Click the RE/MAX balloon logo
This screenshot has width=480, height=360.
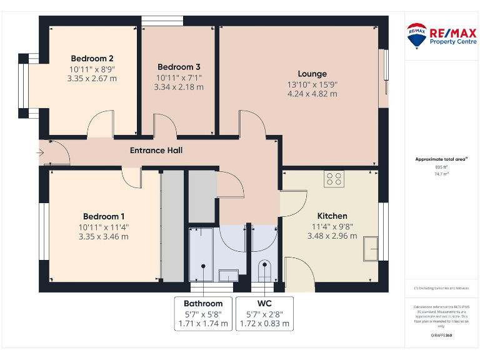click(417, 36)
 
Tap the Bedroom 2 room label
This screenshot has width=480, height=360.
click(92, 59)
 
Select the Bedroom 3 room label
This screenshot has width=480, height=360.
click(179, 67)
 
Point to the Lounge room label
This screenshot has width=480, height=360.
click(312, 74)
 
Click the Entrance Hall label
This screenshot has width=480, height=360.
click(156, 151)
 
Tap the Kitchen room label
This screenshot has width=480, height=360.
click(332, 216)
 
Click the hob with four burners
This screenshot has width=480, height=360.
click(334, 179)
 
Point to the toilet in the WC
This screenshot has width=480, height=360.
click(265, 270)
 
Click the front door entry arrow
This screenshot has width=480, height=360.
click(41, 152)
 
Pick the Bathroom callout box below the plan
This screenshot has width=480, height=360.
click(202, 313)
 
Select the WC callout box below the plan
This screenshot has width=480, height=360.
click(264, 313)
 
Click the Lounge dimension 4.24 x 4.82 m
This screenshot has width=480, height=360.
click(312, 94)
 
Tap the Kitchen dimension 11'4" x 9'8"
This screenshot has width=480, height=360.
click(332, 226)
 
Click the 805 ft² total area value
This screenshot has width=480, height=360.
click(441, 167)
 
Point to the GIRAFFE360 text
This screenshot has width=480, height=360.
click(441, 336)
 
